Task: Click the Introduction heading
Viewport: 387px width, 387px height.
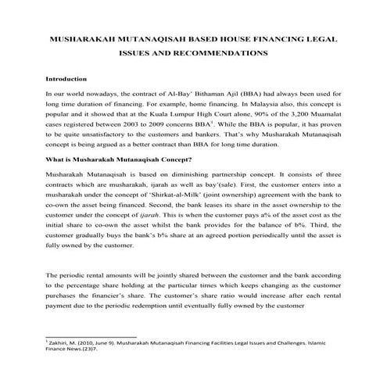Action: pyautogui.click(x=66, y=79)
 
